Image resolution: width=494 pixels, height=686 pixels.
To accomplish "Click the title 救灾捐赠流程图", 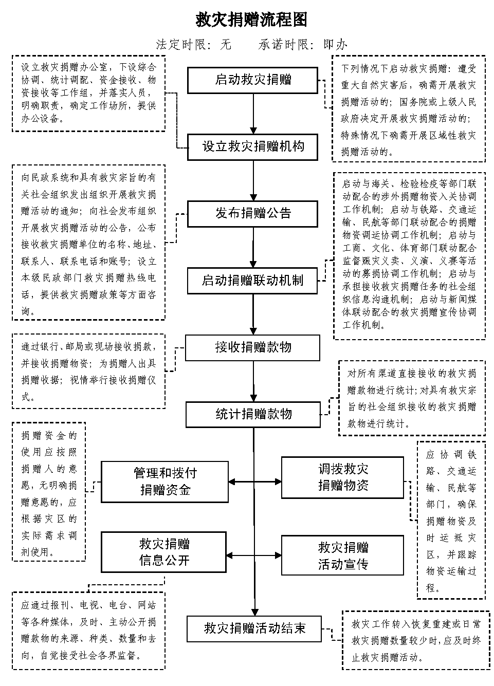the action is tap(251, 20).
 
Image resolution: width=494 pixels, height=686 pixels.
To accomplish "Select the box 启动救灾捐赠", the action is tap(253, 80).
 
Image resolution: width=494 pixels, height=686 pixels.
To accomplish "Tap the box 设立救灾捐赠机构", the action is tap(253, 147).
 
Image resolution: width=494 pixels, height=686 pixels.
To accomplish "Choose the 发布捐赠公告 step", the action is tap(253, 214).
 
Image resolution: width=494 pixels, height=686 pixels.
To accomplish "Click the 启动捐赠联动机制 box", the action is tap(252, 281).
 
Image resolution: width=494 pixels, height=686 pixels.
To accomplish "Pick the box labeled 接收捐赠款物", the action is tap(252, 347).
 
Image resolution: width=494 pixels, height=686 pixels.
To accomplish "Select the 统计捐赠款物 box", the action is tap(253, 415).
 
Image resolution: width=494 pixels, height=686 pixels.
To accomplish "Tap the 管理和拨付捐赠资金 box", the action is tap(165, 481).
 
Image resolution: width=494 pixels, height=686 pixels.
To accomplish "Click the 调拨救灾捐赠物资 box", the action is tap(342, 478).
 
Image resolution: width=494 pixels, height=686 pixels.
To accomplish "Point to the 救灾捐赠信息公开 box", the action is tap(163, 552).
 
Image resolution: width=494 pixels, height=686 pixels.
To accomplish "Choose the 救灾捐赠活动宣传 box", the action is tap(342, 555).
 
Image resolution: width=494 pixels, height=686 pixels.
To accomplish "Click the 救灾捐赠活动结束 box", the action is tap(254, 629).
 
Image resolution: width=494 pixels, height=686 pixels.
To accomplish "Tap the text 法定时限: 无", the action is tap(193, 45).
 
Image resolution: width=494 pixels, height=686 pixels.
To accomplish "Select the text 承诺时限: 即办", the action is tap(303, 45).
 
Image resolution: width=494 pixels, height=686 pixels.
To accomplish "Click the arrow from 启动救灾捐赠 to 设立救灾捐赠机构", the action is tap(253, 114).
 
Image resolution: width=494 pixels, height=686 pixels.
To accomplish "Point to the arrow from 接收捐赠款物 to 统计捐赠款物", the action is tap(253, 381).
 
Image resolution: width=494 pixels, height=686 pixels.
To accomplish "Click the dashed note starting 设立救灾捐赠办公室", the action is tap(88, 94).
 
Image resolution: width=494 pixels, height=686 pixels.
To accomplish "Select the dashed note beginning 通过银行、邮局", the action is tap(88, 371).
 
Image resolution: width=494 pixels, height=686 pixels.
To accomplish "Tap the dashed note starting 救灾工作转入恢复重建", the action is tap(416, 641).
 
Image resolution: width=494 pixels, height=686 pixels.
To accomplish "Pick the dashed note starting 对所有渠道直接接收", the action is tap(412, 398).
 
